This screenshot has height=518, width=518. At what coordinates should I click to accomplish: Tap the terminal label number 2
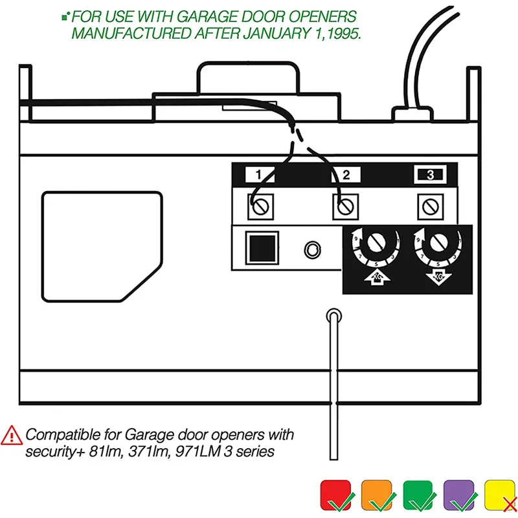coord(346,175)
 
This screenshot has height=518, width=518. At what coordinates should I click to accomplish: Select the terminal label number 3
coord(428,175)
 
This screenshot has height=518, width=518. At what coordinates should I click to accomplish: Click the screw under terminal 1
coord(260,207)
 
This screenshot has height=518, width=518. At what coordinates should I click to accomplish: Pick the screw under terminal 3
coord(428,207)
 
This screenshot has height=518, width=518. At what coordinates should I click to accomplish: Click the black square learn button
coord(261,247)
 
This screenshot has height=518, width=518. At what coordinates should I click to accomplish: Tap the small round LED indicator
coord(312,249)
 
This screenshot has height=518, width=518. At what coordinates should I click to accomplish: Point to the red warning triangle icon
coord(11,435)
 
